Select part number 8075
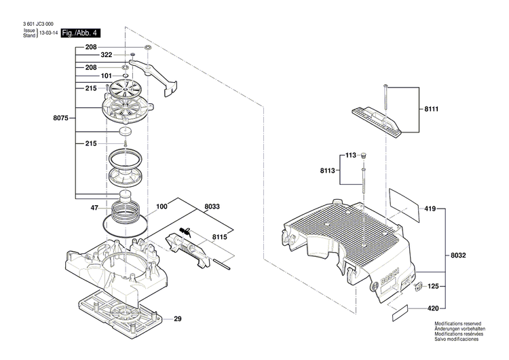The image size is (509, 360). point(60,118)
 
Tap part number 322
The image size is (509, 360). point(107,54)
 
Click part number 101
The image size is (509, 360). point(107,75)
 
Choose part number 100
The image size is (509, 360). point(162,206)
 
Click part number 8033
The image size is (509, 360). point(212,206)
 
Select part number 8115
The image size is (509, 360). point(219,236)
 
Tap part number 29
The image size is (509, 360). point(178,319)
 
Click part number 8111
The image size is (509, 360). point(432,109)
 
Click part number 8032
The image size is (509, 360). point(459,255)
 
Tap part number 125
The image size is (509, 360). point(432,287)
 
